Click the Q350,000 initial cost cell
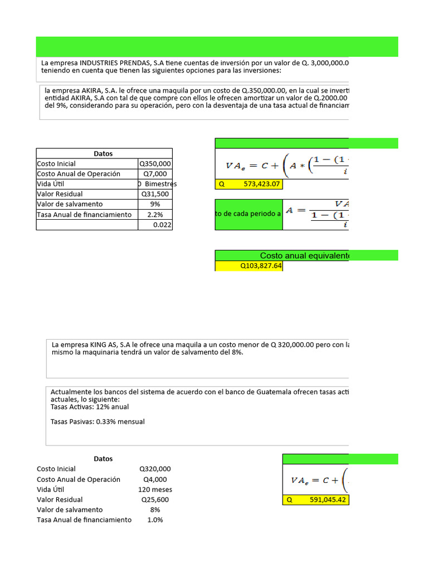point(155,164)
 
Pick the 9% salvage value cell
point(155,204)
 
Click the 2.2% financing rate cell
point(155,215)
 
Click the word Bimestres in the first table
point(160,184)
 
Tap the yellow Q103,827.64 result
point(249,267)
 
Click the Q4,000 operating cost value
point(155,480)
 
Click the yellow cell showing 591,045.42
point(316,500)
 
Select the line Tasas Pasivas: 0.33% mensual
point(97,422)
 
